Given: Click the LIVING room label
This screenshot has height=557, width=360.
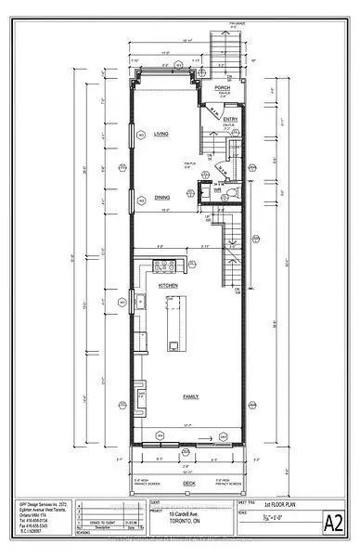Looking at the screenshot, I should pos(159,135).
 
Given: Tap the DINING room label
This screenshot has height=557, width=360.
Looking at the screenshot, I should pos(161,197).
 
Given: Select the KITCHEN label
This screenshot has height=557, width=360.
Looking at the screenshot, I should pos(168,285).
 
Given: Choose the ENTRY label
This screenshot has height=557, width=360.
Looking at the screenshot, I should pos(230,119).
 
